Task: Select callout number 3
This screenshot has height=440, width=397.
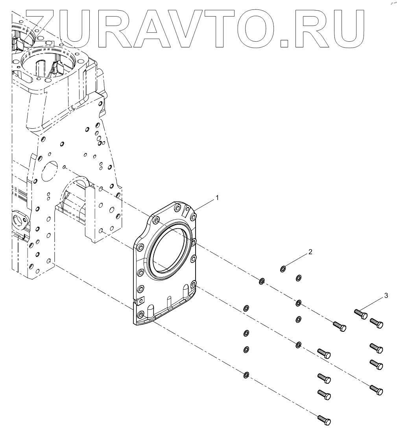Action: (386, 296)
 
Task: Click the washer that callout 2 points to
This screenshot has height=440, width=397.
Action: (283, 269)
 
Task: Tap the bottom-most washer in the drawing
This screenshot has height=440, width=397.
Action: (246, 374)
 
